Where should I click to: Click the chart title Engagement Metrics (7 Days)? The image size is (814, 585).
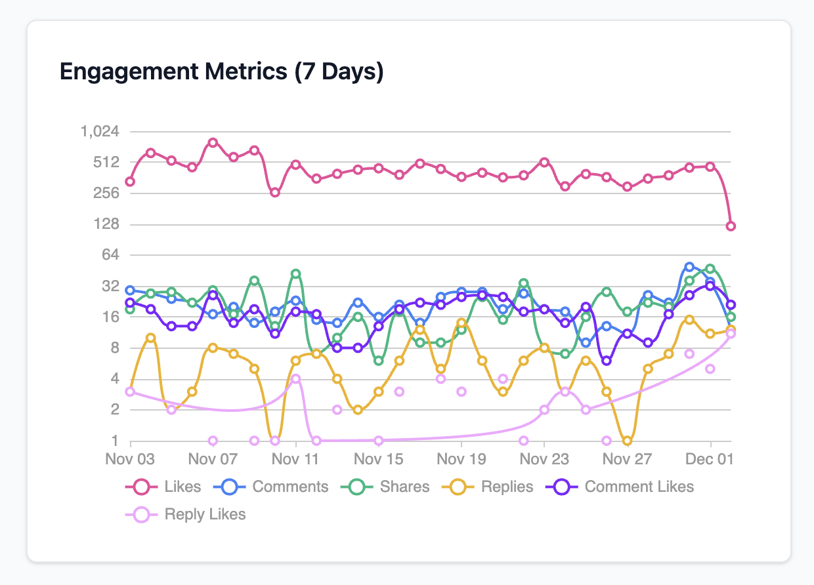(221, 71)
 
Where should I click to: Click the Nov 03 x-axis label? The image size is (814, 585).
(130, 458)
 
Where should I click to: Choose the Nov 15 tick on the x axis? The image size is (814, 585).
(379, 458)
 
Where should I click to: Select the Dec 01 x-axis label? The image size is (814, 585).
(710, 458)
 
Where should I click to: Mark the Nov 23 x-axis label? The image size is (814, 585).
(544, 458)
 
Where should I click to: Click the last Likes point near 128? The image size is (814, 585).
(731, 226)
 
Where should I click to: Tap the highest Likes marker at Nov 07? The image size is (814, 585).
(213, 142)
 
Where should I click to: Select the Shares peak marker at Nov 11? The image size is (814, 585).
(296, 273)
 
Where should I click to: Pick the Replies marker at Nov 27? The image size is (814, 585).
(628, 441)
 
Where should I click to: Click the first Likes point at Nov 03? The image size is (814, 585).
(130, 182)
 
